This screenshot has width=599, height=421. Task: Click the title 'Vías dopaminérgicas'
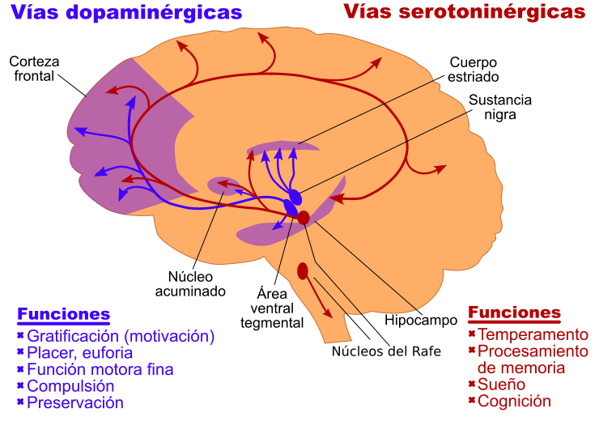(127, 13)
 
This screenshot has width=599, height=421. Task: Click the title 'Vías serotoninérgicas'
(464, 13)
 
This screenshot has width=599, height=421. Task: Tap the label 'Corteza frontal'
(34, 70)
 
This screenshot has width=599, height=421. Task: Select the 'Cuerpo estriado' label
(474, 70)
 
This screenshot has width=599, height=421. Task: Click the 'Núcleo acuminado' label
(197, 283)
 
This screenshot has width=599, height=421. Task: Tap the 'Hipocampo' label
(421, 320)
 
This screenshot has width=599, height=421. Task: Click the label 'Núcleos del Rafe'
(385, 351)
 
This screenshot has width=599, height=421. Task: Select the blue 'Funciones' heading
(63, 314)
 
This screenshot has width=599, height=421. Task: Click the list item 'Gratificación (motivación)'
(121, 336)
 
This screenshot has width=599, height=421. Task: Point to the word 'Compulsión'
(70, 386)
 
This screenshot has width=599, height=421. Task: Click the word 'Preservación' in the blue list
(74, 402)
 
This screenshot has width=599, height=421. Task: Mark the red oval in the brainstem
(303, 270)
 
